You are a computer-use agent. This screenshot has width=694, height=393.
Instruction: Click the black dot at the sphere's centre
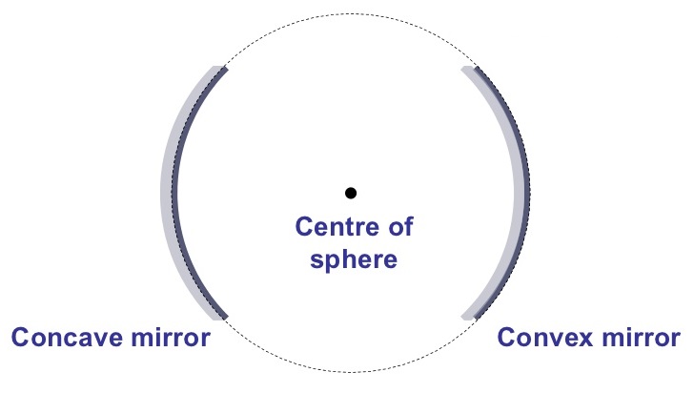(351, 193)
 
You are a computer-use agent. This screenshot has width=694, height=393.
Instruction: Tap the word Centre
(337, 226)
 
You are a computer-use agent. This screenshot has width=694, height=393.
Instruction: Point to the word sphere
(354, 260)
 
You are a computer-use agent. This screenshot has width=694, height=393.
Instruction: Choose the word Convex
(545, 337)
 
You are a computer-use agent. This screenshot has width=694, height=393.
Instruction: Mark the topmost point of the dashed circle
(351, 13)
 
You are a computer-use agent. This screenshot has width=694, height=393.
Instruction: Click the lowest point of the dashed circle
(351, 372)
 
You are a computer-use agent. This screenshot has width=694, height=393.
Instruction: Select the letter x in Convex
(585, 340)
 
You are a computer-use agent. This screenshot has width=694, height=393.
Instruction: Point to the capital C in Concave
(21, 337)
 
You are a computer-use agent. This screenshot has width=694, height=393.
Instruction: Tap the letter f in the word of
(409, 226)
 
